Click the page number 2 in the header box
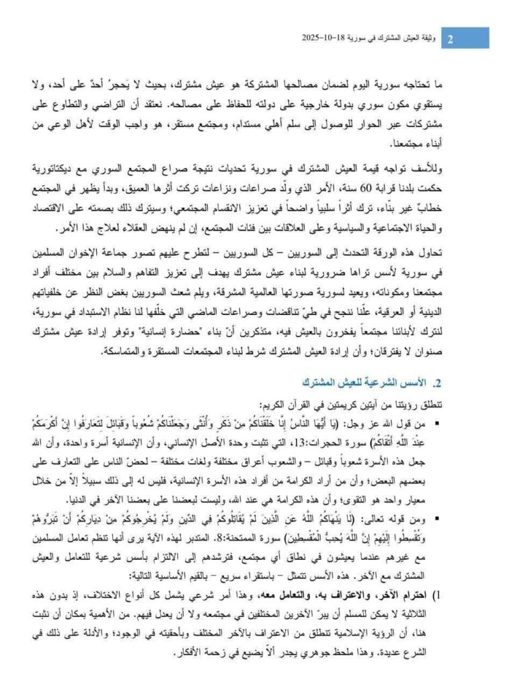[x=451, y=38]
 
